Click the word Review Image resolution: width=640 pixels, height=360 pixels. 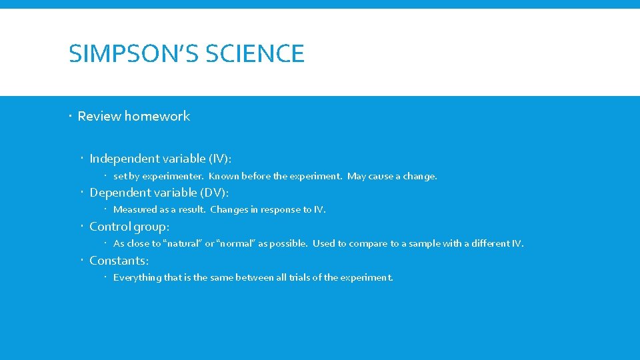click(x=99, y=116)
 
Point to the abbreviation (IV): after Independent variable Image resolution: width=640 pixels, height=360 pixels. click(x=220, y=159)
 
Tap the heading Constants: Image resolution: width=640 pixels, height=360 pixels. click(x=119, y=261)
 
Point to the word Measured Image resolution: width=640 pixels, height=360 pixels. click(x=135, y=210)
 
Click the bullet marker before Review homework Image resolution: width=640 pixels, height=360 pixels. click(x=71, y=116)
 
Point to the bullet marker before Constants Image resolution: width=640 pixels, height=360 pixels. click(x=83, y=261)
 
